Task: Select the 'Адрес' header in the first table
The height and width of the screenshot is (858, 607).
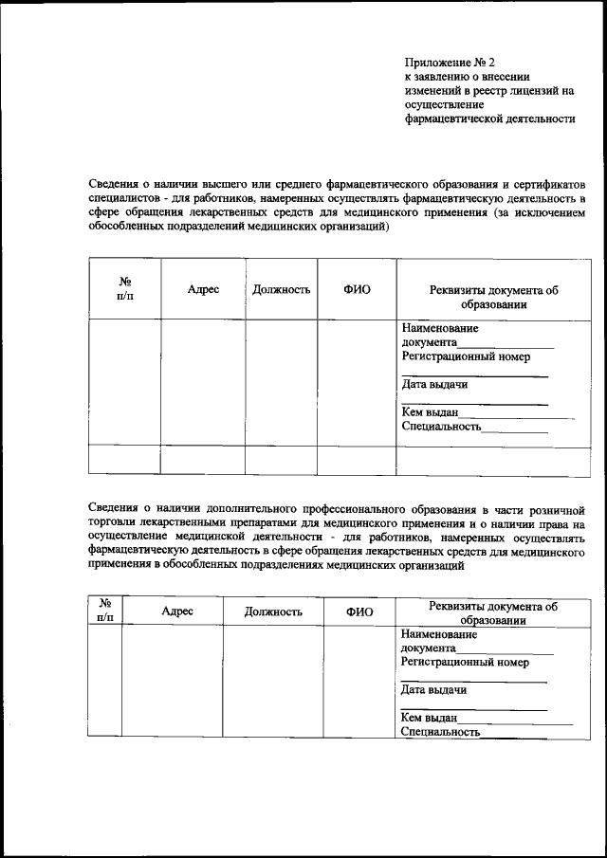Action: [203, 289]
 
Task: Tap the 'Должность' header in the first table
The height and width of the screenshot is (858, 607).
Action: [282, 289]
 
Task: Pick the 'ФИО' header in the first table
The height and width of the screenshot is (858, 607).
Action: [357, 289]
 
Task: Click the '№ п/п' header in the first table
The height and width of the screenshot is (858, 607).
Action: [124, 289]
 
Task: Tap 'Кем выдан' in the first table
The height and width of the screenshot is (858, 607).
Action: [430, 412]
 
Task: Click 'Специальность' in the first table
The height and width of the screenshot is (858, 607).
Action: [441, 427]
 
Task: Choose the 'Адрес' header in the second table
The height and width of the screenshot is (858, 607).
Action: [177, 612]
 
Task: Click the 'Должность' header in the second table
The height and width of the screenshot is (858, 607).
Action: [273, 612]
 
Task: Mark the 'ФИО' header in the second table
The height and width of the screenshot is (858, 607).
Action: [359, 612]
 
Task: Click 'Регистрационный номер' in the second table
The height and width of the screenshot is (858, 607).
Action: [465, 663]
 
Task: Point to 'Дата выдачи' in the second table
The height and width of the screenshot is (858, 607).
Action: [433, 690]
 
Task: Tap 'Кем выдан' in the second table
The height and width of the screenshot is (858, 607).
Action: [430, 719]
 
